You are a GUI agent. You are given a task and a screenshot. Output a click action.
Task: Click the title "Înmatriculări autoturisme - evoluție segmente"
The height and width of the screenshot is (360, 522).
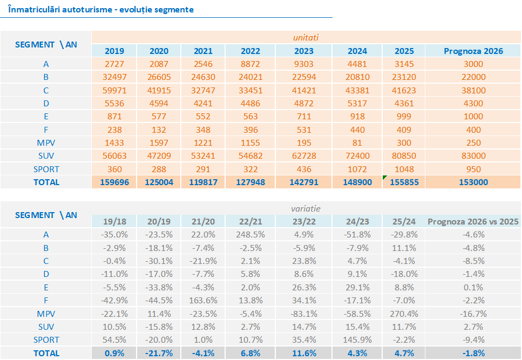(x=101, y=10)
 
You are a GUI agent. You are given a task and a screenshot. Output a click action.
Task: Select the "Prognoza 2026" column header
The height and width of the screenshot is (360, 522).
(x=473, y=51)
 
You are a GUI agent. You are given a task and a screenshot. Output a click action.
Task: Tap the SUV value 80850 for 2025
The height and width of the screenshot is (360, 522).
(x=404, y=156)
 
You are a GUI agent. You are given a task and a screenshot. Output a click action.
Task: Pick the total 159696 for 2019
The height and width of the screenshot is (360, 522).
(x=114, y=182)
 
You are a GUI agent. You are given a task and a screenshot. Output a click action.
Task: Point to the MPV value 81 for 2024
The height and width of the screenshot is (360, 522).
(x=357, y=142)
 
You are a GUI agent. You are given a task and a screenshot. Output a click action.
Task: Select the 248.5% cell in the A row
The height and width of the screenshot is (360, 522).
(x=250, y=234)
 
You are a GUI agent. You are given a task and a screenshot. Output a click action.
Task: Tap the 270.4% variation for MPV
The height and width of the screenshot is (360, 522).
(x=404, y=314)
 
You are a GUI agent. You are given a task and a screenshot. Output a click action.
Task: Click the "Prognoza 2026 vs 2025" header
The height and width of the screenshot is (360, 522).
(x=473, y=221)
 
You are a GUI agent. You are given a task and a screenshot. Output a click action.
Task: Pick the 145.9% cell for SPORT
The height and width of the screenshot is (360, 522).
(x=357, y=340)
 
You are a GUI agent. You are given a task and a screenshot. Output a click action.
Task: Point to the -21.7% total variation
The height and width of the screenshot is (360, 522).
(x=159, y=353)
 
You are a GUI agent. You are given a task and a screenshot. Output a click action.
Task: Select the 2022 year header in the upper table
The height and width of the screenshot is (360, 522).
(x=250, y=51)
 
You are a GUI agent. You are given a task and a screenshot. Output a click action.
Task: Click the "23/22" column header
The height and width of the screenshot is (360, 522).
(x=303, y=221)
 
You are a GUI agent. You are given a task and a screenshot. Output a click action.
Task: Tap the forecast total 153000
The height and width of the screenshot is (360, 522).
(x=473, y=182)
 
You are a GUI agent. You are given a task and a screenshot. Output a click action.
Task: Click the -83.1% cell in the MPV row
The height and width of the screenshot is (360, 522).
(x=303, y=314)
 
